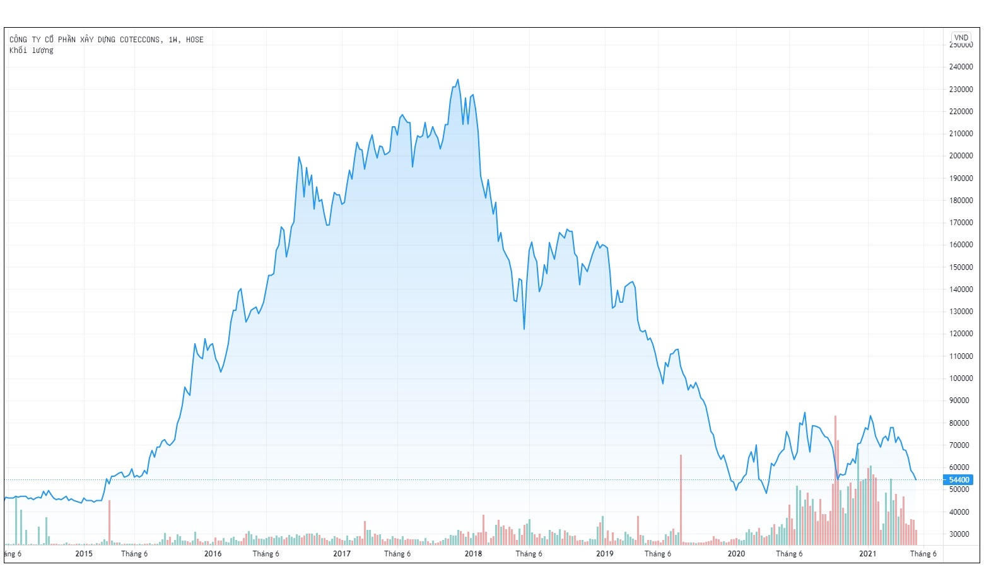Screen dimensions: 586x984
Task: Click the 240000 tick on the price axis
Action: pyautogui.click(x=960, y=67)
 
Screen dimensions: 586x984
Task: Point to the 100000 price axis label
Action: pyautogui.click(x=960, y=378)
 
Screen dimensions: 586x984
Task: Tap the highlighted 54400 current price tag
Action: pyautogui.click(x=959, y=480)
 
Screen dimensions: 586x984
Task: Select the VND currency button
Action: pyautogui.click(x=961, y=38)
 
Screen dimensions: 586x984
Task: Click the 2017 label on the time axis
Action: pyautogui.click(x=342, y=554)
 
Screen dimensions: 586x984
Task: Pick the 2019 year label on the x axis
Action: pyautogui.click(x=604, y=554)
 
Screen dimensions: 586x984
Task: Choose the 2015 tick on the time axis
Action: pyautogui.click(x=84, y=554)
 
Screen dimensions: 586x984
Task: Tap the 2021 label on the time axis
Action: pyautogui.click(x=867, y=554)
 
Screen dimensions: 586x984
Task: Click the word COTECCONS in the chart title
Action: pyautogui.click(x=140, y=40)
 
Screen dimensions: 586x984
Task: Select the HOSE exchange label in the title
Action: pyautogui.click(x=195, y=40)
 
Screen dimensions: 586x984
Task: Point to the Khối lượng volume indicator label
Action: pyautogui.click(x=32, y=50)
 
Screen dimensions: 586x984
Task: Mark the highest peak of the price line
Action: pyautogui.click(x=458, y=79)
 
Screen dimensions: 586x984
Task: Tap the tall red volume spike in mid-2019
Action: pyautogui.click(x=681, y=498)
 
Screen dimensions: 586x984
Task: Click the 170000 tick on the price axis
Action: pyautogui.click(x=960, y=223)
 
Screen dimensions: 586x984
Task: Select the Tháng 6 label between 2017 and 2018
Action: pyautogui.click(x=397, y=554)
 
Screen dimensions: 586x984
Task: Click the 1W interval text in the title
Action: pyautogui.click(x=173, y=40)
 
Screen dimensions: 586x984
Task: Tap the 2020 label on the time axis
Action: pyautogui.click(x=736, y=554)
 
